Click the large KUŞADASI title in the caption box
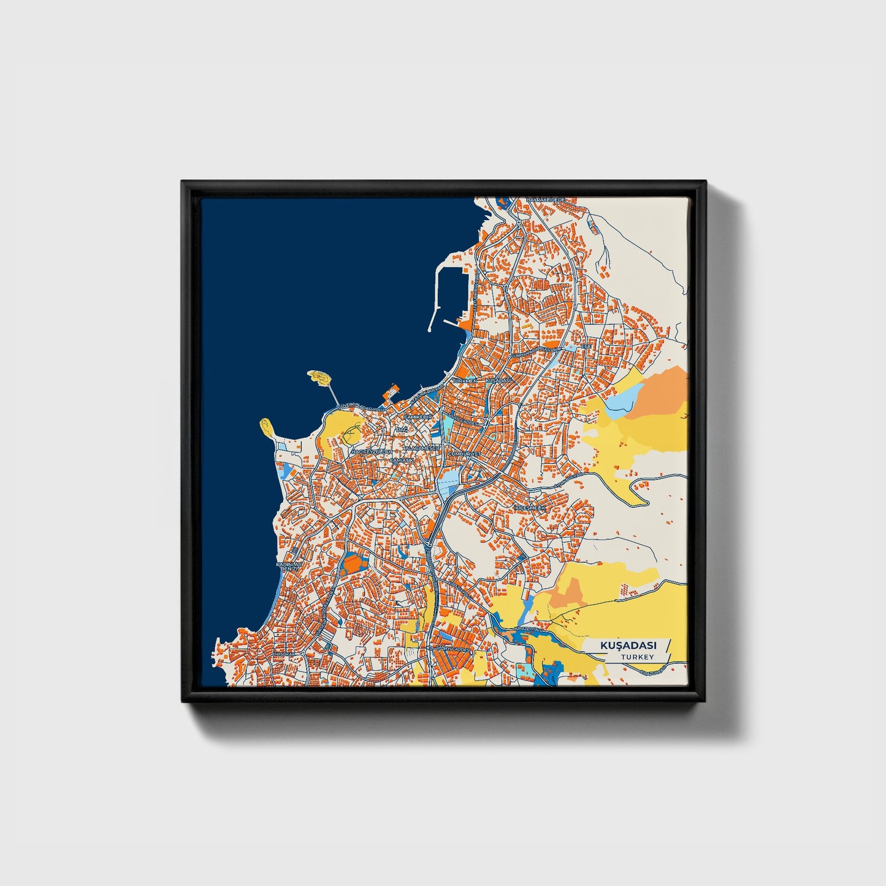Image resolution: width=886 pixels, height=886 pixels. pyautogui.click(x=628, y=646)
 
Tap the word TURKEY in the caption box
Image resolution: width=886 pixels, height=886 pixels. pyautogui.click(x=636, y=657)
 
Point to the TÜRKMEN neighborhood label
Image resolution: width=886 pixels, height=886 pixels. pyautogui.click(x=464, y=381)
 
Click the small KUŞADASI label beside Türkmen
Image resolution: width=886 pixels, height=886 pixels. pyautogui.click(x=498, y=381)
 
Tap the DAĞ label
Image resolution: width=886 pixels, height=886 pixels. pyautogui.click(x=403, y=430)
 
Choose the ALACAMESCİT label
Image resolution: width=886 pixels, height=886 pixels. pyautogui.click(x=421, y=448)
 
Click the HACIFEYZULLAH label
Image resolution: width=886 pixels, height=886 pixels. pyautogui.click(x=370, y=452)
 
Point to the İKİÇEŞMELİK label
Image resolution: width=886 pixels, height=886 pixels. pyautogui.click(x=529, y=508)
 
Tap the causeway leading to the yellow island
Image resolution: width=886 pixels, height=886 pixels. pyautogui.click(x=332, y=392)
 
